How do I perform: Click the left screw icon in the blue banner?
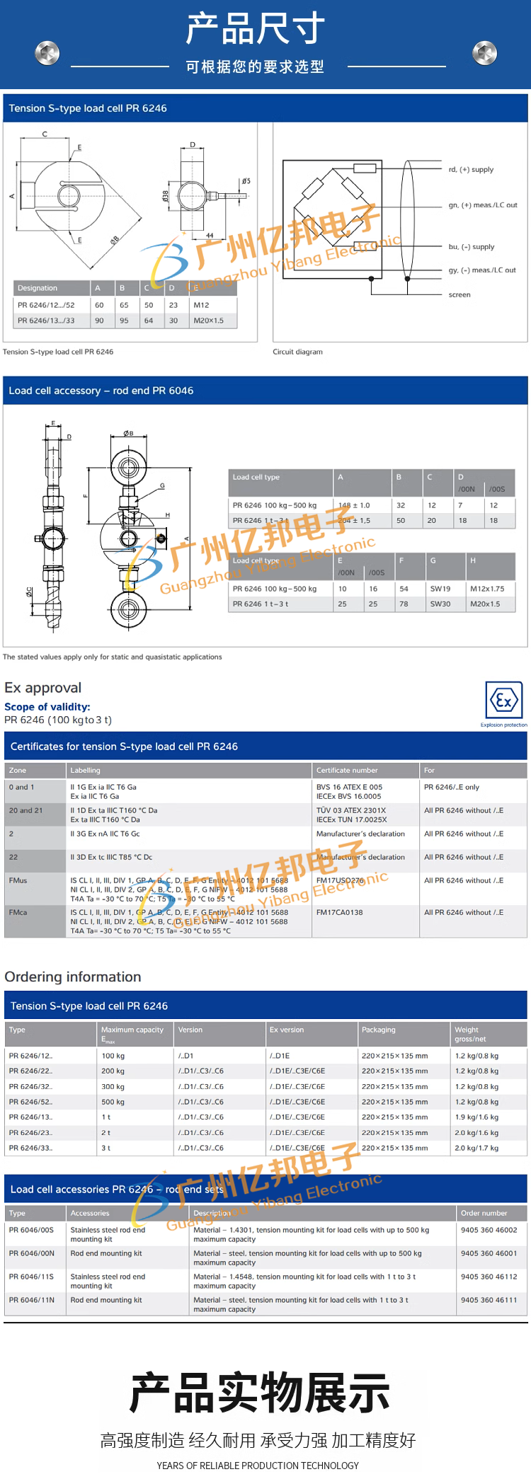tap(47, 52)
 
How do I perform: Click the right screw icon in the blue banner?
tap(484, 52)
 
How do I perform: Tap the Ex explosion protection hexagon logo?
tap(503, 701)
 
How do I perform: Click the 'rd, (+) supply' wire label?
tap(471, 170)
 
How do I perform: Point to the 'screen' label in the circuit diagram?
tap(459, 294)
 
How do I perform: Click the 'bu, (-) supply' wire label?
tap(472, 247)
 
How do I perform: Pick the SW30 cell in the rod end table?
tap(440, 604)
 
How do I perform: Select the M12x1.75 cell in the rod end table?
tap(487, 588)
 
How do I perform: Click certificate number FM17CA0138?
tap(339, 912)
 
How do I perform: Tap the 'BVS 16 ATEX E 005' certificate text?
tap(349, 787)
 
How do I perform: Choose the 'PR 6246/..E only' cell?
tap(452, 787)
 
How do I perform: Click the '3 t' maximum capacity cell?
tap(106, 1148)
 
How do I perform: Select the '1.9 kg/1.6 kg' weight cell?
tap(476, 1117)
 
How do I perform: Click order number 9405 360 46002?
tap(489, 1230)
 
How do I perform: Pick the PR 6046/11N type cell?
tap(32, 1300)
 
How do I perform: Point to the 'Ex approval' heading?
tap(43, 688)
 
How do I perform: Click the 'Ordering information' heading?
tap(73, 977)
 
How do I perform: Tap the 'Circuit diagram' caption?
tap(297, 352)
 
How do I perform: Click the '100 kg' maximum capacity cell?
tap(113, 1056)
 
